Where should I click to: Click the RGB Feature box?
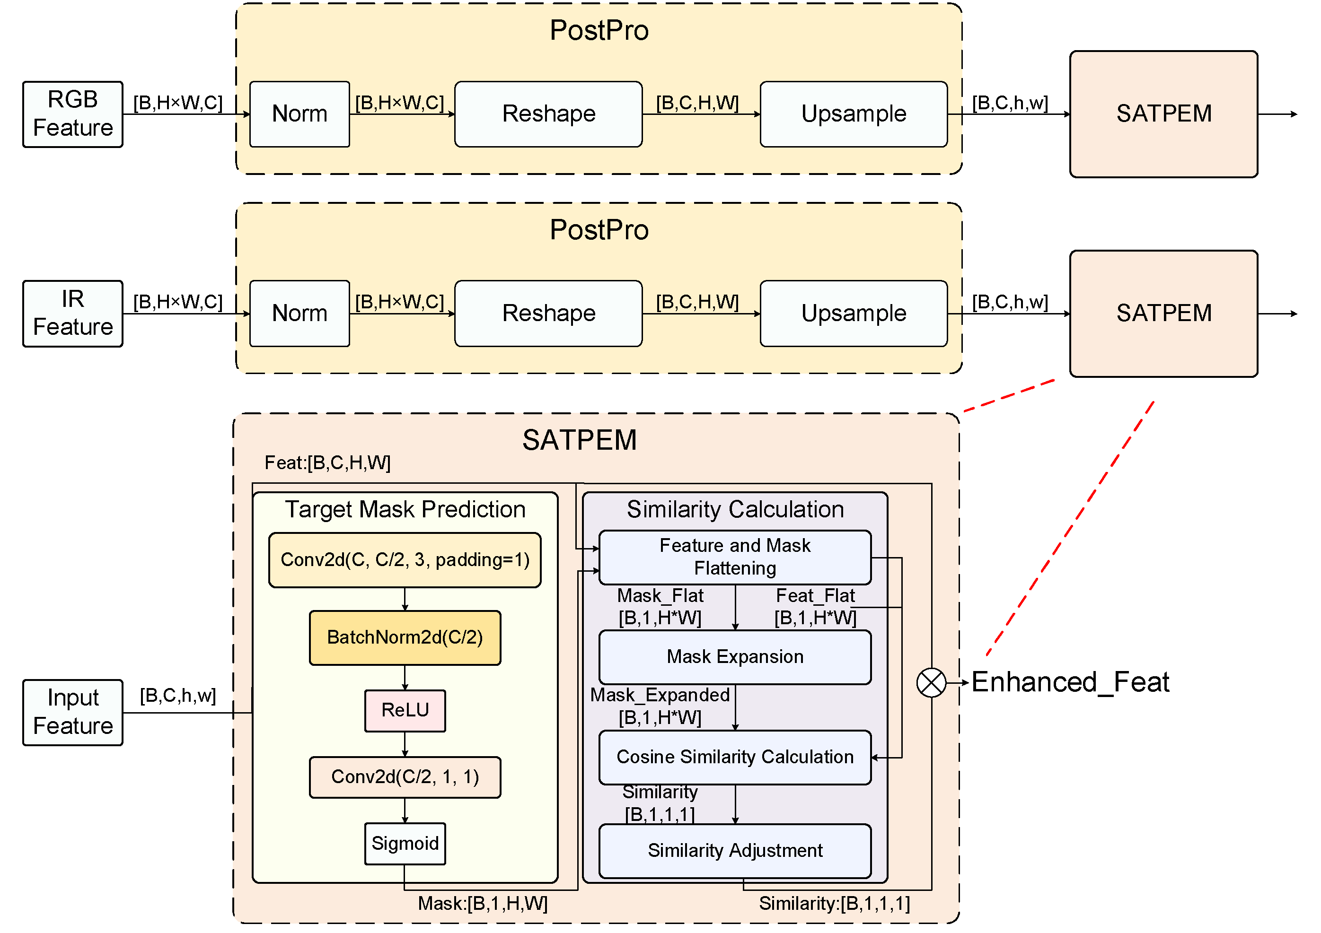click(72, 114)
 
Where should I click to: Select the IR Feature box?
click(72, 314)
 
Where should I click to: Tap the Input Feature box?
click(72, 713)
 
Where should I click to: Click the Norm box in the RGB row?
click(299, 114)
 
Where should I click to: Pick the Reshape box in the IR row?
click(548, 314)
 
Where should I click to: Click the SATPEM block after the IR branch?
click(1163, 314)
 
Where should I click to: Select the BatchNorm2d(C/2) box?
click(405, 637)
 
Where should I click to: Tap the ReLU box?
click(405, 710)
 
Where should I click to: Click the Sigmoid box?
click(405, 843)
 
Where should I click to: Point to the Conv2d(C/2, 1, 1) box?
click(405, 777)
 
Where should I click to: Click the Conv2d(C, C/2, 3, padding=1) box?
click(405, 560)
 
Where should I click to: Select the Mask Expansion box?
click(735, 657)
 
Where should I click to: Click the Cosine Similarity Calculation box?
click(735, 757)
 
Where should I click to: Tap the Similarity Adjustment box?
click(735, 851)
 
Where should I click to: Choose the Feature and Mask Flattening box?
click(735, 557)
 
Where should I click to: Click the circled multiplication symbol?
click(931, 683)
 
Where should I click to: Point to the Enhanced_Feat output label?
click(1070, 683)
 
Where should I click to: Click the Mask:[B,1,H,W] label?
click(482, 904)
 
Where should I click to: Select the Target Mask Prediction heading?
click(405, 510)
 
